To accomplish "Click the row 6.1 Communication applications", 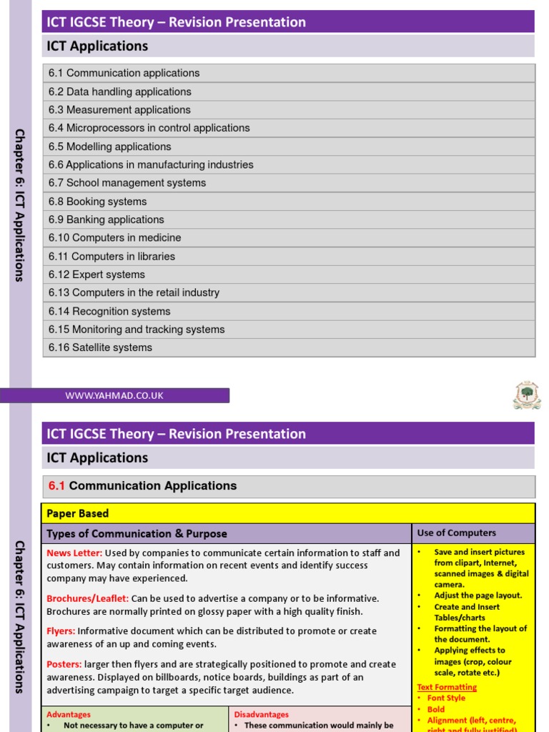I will click(x=124, y=73).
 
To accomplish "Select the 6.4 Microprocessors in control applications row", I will click(x=149, y=128).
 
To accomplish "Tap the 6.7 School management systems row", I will click(x=127, y=183).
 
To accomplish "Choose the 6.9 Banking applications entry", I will click(x=106, y=219).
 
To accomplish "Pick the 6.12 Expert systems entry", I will click(x=97, y=274).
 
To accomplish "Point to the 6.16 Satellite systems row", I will click(x=100, y=347).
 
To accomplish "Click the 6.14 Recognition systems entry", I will click(x=109, y=311).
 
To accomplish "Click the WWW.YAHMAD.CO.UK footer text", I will click(x=114, y=395).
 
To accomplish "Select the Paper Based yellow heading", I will click(x=77, y=513).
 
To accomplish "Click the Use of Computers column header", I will click(x=456, y=533).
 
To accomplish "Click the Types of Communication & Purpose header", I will click(x=137, y=533).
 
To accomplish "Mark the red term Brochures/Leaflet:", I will click(x=87, y=598).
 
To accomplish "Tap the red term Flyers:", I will click(x=61, y=631).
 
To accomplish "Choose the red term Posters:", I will click(x=64, y=664).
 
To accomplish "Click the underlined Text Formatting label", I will click(x=447, y=687).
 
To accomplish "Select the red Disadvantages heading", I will click(x=262, y=714).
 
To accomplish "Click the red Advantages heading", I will click(x=69, y=714).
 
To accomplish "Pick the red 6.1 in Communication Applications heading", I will click(x=56, y=486).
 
